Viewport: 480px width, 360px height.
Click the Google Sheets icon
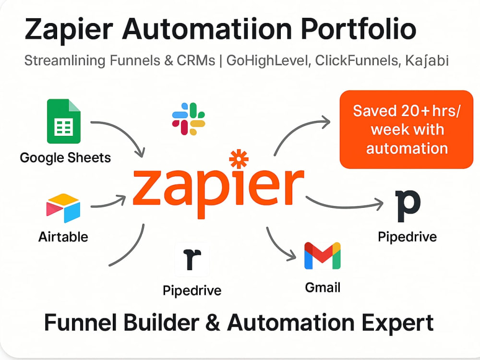pyautogui.click(x=64, y=121)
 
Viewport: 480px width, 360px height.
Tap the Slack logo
pyautogui.click(x=189, y=119)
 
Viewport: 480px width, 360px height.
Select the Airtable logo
pyautogui.click(x=63, y=208)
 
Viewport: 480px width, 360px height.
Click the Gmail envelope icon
pyautogui.click(x=323, y=256)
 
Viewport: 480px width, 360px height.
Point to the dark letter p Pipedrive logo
pyautogui.click(x=408, y=206)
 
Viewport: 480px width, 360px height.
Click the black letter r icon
pyautogui.click(x=192, y=259)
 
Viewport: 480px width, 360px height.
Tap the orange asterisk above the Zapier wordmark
pyautogui.click(x=239, y=159)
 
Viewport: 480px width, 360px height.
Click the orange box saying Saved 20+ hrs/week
pyautogui.click(x=407, y=130)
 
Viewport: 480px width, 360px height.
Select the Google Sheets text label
pyautogui.click(x=65, y=158)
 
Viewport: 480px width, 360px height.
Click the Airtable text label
pyautogui.click(x=63, y=237)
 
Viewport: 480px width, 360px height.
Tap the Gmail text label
pyautogui.click(x=323, y=288)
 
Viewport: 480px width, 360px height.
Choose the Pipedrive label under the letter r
pyautogui.click(x=192, y=290)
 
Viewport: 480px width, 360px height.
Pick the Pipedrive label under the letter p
pyautogui.click(x=407, y=237)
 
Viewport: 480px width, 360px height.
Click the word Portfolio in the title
pyautogui.click(x=359, y=29)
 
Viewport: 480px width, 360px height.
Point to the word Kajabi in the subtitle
pyautogui.click(x=427, y=60)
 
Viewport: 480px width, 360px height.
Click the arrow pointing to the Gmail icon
pyautogui.click(x=277, y=248)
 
